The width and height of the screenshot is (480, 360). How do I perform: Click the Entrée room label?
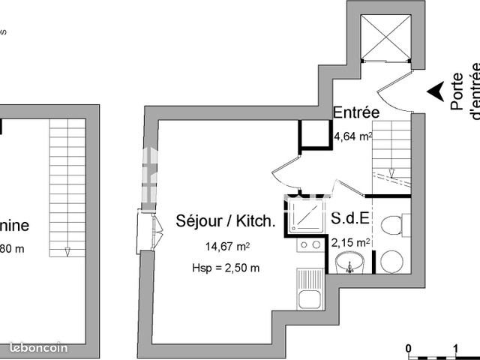click(356, 112)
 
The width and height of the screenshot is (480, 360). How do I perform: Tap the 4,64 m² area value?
click(352, 136)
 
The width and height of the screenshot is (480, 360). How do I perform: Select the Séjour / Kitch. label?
click(225, 221)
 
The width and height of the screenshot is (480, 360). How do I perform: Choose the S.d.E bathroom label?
click(349, 220)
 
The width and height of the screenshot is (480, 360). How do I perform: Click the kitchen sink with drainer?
click(308, 288)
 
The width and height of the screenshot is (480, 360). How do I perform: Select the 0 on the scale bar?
click(409, 348)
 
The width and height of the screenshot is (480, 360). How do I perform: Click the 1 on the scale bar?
click(456, 348)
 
